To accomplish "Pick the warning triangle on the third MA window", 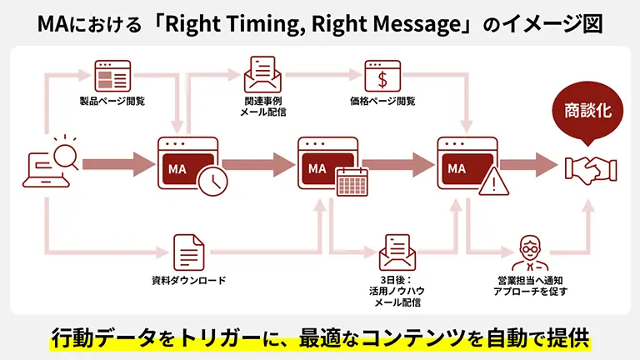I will click(493, 180).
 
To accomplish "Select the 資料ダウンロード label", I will click(189, 280).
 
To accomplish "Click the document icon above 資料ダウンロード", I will click(189, 250).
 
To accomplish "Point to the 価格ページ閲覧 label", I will click(382, 102).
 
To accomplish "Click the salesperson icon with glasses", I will click(526, 250).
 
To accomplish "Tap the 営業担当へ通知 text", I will click(526, 280).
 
